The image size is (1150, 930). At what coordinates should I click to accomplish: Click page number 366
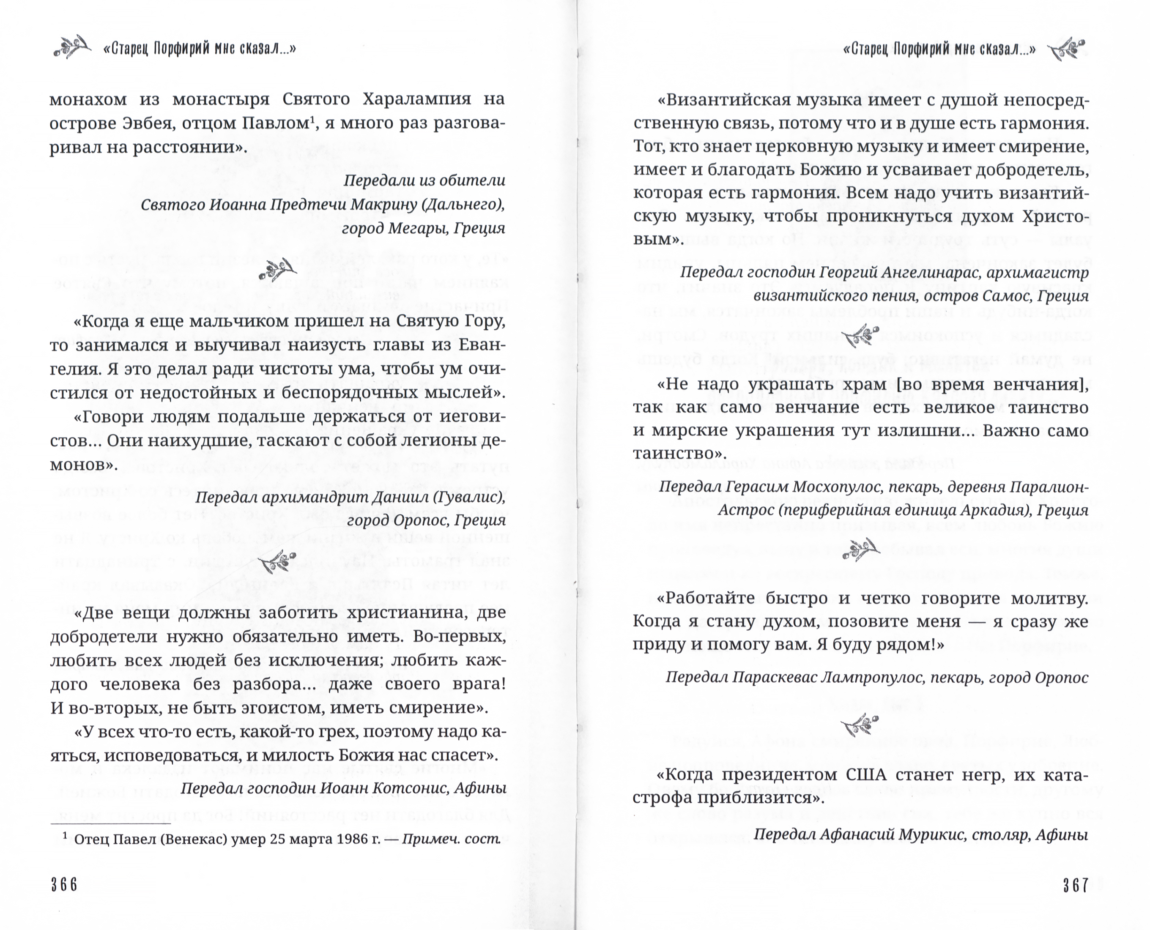click(64, 884)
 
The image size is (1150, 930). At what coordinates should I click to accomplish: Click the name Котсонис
click(408, 788)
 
